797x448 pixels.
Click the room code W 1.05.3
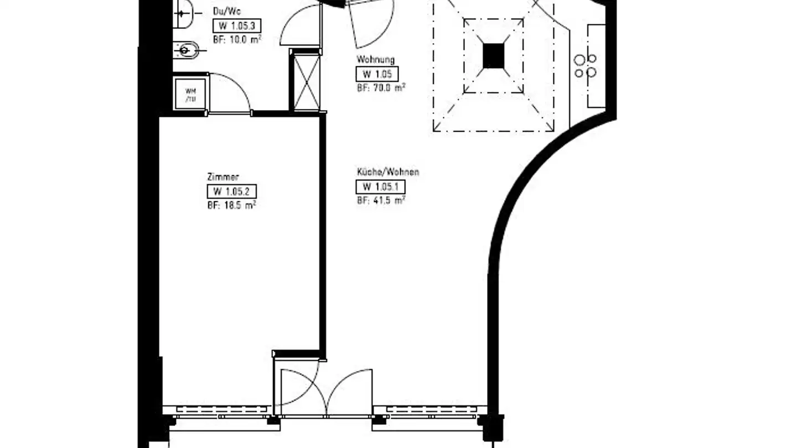(236, 26)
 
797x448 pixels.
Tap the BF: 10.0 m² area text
(237, 39)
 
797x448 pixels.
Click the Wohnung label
(375, 60)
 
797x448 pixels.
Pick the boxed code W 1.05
(376, 74)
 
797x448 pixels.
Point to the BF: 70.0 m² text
(381, 87)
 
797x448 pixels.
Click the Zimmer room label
(222, 178)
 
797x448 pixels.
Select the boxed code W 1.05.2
(231, 192)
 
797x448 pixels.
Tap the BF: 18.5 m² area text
(231, 205)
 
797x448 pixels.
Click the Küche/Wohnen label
(387, 172)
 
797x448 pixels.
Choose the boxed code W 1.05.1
(380, 187)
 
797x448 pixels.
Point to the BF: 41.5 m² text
(381, 200)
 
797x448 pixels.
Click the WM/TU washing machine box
(190, 95)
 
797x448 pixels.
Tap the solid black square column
(493, 55)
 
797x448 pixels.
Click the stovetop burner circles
(586, 66)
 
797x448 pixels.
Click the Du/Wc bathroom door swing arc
(299, 28)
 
